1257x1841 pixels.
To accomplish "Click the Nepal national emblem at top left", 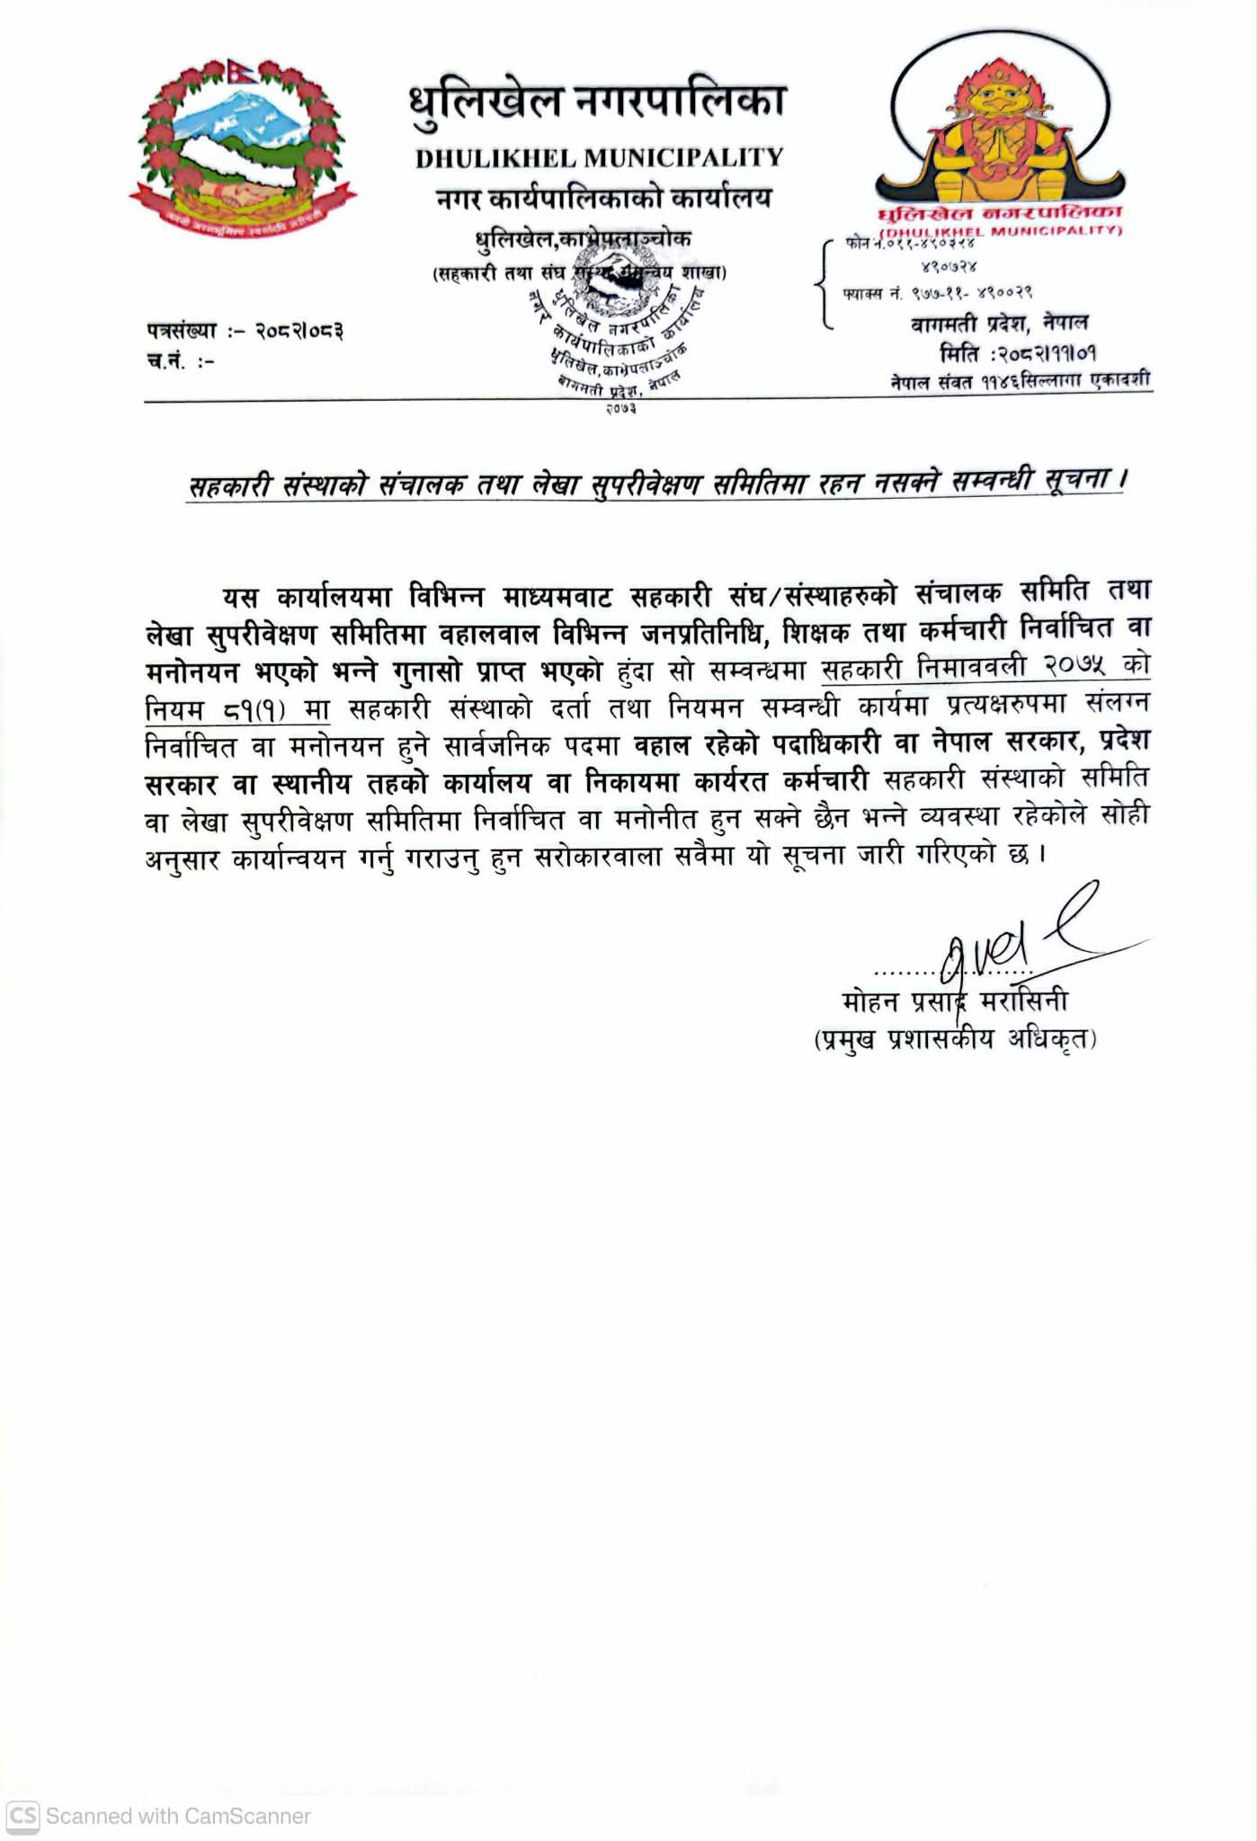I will pyautogui.click(x=243, y=148).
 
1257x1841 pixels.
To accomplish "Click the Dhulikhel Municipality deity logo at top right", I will pyautogui.click(x=1004, y=135).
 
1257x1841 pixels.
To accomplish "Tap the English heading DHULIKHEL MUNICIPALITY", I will pyautogui.click(x=599, y=158).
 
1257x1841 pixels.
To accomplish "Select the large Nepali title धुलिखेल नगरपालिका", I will pyautogui.click(x=599, y=102).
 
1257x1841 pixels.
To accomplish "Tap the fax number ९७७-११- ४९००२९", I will pyautogui.click(x=971, y=293).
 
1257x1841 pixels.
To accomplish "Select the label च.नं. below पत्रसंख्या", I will pyautogui.click(x=167, y=361).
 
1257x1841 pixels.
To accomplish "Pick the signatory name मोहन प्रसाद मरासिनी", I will pyautogui.click(x=954, y=1001).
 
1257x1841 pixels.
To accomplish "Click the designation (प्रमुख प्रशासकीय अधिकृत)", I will pyautogui.click(x=954, y=1039).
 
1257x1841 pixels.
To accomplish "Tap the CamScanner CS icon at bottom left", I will pyautogui.click(x=22, y=1816).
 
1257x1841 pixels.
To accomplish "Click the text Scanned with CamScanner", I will pyautogui.click(x=178, y=1816).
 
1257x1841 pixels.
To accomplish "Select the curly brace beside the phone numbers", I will pyautogui.click(x=822, y=283).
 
